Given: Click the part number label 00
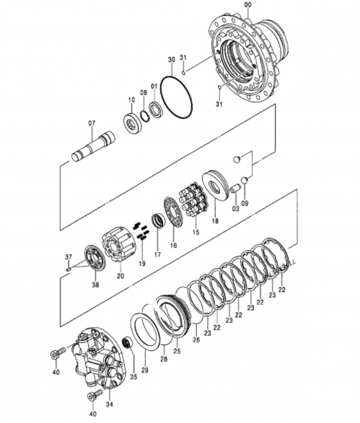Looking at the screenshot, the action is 247,4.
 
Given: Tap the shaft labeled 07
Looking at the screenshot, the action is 93,147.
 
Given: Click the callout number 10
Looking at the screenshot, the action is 131,100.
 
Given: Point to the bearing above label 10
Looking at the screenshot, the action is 133,124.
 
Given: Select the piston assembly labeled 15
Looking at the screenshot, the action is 193,200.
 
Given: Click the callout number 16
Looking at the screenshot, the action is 174,245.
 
